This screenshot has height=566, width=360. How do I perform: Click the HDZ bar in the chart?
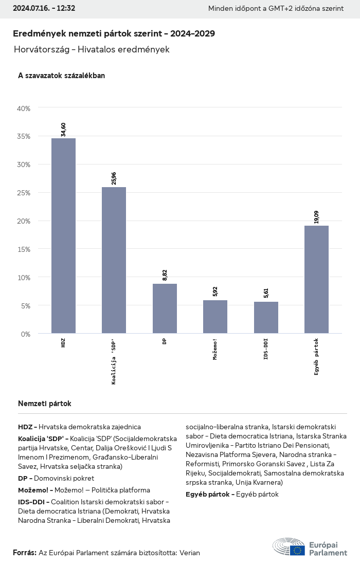click(x=63, y=236)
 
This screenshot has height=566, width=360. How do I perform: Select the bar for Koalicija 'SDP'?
click(x=114, y=260)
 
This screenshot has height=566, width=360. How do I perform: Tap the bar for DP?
click(x=165, y=308)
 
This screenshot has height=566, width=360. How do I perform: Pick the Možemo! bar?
click(x=215, y=317)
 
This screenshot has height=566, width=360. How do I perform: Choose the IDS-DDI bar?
click(x=266, y=318)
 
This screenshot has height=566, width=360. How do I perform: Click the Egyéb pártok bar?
click(x=316, y=280)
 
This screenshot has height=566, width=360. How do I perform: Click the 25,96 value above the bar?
click(x=114, y=178)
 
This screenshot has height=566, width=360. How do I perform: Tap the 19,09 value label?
click(x=316, y=217)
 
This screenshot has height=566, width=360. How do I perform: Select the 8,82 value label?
click(x=165, y=275)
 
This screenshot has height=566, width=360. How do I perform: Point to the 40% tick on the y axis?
click(x=24, y=108)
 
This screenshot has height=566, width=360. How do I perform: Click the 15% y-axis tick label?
click(x=24, y=249)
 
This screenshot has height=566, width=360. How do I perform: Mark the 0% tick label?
click(x=25, y=334)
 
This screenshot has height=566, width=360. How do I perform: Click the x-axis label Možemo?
click(x=215, y=349)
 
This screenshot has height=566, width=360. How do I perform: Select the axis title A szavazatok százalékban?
click(x=61, y=76)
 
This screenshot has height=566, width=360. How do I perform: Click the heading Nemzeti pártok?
click(x=44, y=404)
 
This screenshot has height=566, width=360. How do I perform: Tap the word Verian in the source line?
click(x=189, y=553)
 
